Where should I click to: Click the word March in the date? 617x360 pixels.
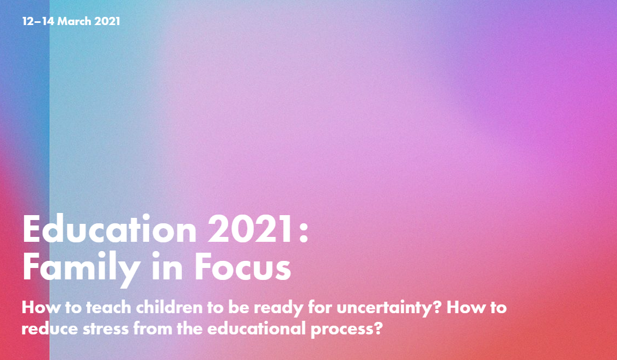tap(75, 21)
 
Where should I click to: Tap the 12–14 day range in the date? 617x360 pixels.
tap(38, 21)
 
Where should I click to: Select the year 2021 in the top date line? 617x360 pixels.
tap(107, 21)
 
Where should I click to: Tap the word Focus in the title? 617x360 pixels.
tap(243, 266)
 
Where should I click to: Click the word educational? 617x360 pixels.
tap(256, 328)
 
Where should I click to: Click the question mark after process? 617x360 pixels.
tap(377, 328)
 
